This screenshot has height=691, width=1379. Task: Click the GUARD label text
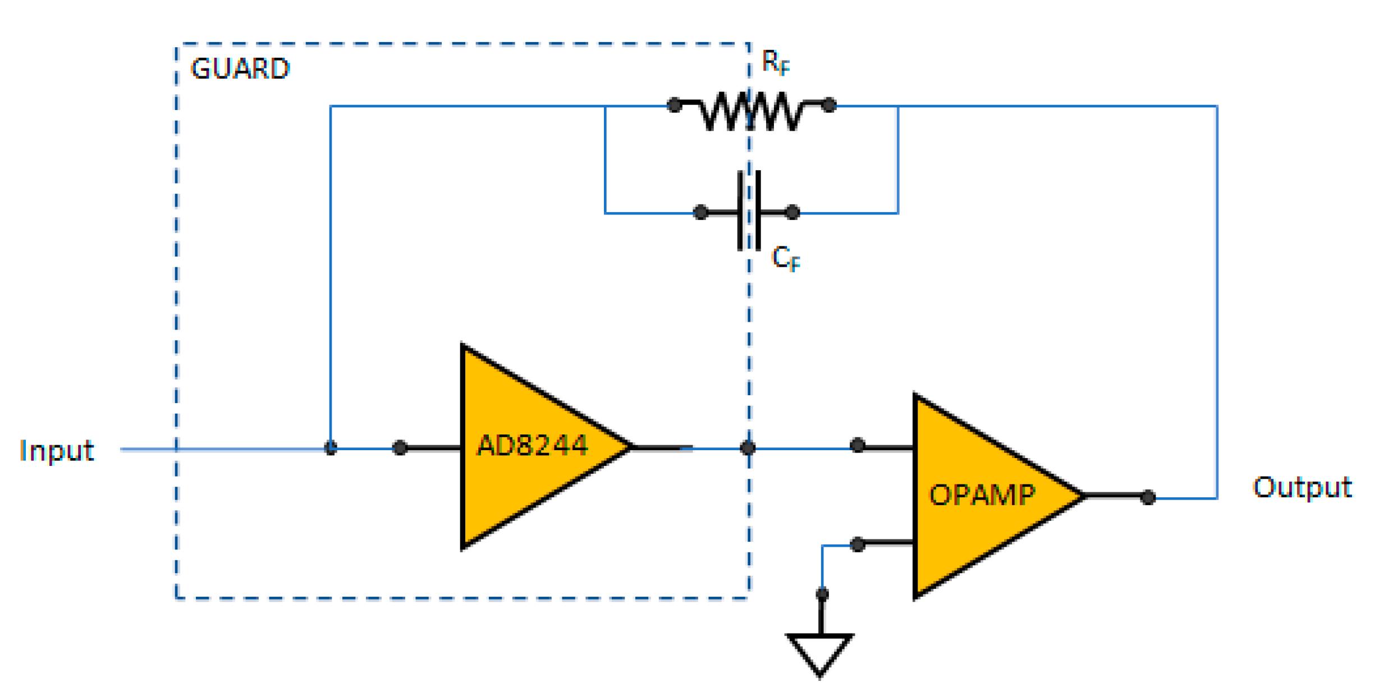240,69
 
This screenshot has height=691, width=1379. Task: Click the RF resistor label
775,62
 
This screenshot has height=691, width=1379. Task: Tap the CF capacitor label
785,259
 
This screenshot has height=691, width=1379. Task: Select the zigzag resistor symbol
751,111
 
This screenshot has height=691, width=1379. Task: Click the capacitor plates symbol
749,212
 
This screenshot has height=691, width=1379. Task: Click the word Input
56,451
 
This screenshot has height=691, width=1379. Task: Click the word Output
1302,488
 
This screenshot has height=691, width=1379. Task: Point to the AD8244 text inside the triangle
532,446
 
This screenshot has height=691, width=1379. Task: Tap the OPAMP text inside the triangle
982,496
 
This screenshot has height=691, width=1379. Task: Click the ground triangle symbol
820,653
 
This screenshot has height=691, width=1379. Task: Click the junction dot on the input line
331,448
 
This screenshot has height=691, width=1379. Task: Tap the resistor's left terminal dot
674,105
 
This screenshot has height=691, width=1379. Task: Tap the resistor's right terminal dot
829,105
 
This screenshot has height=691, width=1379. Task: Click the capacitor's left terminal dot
700,213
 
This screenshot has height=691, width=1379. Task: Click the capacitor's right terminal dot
792,213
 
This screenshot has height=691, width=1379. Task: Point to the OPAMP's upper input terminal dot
857,446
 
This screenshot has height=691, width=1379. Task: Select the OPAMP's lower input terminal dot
857,544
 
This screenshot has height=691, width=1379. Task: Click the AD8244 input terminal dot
400,448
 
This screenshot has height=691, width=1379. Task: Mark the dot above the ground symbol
822,594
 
